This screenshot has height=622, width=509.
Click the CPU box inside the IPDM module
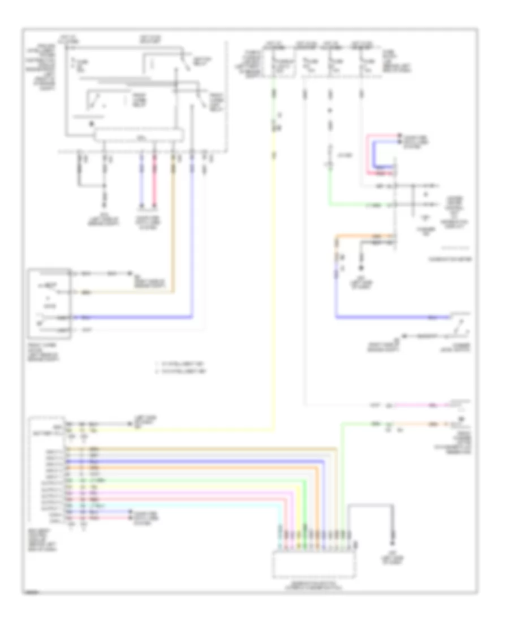click(139, 135)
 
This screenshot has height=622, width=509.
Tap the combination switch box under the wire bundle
click(314, 564)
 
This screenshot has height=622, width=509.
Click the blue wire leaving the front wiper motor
click(141, 317)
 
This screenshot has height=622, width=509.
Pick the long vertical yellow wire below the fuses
click(274, 283)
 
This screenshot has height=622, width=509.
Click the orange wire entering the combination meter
click(362, 235)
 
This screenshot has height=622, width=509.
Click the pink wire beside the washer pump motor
click(419, 405)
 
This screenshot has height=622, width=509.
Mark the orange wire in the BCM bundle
click(187, 468)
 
